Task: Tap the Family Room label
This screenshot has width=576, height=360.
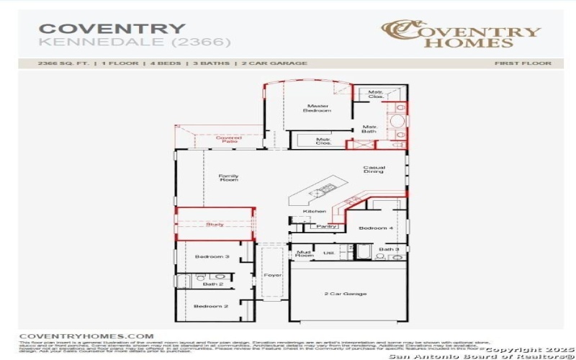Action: (228, 177)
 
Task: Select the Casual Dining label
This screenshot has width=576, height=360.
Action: (374, 169)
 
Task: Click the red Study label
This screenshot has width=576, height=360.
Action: (215, 224)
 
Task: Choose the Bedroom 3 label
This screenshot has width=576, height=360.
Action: (212, 256)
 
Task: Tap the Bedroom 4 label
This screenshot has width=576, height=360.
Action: (377, 228)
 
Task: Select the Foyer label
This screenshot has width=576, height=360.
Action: (272, 274)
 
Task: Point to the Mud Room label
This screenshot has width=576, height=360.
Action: (304, 253)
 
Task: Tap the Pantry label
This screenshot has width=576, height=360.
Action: (326, 226)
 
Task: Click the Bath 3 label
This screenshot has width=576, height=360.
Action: (389, 249)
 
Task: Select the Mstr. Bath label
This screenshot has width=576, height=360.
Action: (369, 130)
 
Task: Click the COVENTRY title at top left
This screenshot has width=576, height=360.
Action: (112, 29)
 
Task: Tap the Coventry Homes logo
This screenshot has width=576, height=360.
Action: (460, 34)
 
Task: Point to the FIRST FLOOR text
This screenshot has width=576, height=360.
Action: (523, 63)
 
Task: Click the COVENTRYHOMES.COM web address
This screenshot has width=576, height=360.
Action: (86, 336)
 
